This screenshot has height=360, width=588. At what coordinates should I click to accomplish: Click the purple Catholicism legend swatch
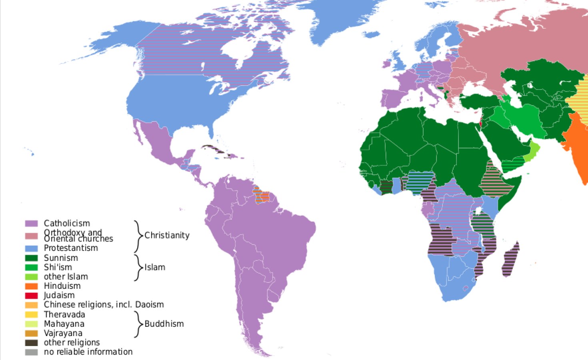[x=31, y=223]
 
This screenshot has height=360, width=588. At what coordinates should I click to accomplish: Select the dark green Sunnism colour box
[x=31, y=258]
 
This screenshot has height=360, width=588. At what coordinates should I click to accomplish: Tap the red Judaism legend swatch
[x=31, y=296]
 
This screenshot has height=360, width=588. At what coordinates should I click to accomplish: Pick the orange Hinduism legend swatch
[x=31, y=286]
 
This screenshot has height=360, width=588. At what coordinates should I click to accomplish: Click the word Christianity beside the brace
[x=167, y=235]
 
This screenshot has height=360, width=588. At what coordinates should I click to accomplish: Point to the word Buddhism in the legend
[x=164, y=324]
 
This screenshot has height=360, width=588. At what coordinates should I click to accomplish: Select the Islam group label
[x=155, y=267]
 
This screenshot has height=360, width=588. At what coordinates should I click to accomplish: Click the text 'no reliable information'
[x=88, y=352]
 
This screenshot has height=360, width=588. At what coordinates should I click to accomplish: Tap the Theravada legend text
[x=64, y=314]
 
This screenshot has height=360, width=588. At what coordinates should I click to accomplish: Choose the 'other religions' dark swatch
[x=31, y=343]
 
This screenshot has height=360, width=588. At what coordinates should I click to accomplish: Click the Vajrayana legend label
[x=63, y=333]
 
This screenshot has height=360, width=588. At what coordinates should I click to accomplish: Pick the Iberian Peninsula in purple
[x=394, y=98]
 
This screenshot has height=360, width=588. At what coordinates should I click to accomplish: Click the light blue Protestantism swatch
[x=31, y=248]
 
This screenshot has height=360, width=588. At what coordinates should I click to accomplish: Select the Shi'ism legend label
[x=58, y=267]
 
